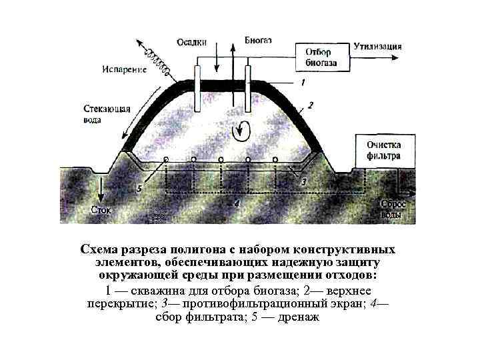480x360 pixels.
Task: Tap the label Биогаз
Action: pyautogui.click(x=258, y=40)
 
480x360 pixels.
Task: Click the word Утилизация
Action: pyautogui.click(x=378, y=47)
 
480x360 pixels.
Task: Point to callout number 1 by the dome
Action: pyautogui.click(x=303, y=83)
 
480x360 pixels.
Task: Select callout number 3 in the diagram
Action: pyautogui.click(x=303, y=181)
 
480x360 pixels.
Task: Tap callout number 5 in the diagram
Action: pyautogui.click(x=139, y=189)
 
